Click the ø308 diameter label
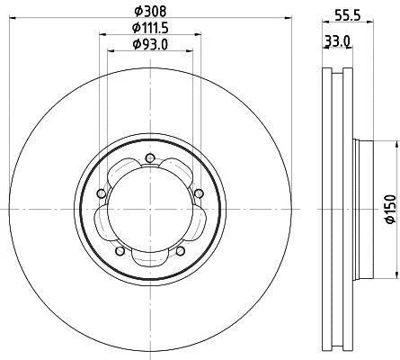click(150, 12)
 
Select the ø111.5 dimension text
click(150, 28)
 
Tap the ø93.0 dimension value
click(150, 44)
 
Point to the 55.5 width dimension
click(347, 15)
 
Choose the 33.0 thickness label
click(338, 41)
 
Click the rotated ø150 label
click(390, 209)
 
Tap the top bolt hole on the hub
click(149, 157)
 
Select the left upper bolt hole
click(102, 193)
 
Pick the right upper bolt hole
click(199, 193)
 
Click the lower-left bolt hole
click(120, 251)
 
